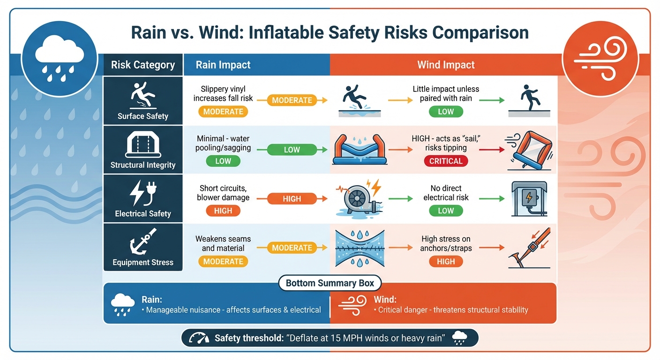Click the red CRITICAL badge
pos(446,161)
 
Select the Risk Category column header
pos(143,65)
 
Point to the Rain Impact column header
pos(223,65)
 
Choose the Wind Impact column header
pos(446,65)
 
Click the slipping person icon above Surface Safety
pos(142,95)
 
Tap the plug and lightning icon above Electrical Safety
pos(142,193)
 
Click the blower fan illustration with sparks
pos(358,198)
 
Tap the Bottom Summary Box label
pos(330,283)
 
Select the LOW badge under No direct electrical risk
pos(446,210)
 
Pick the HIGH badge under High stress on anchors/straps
pos(446,262)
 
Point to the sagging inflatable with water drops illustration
pos(359,150)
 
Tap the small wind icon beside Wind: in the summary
pos(352,302)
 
